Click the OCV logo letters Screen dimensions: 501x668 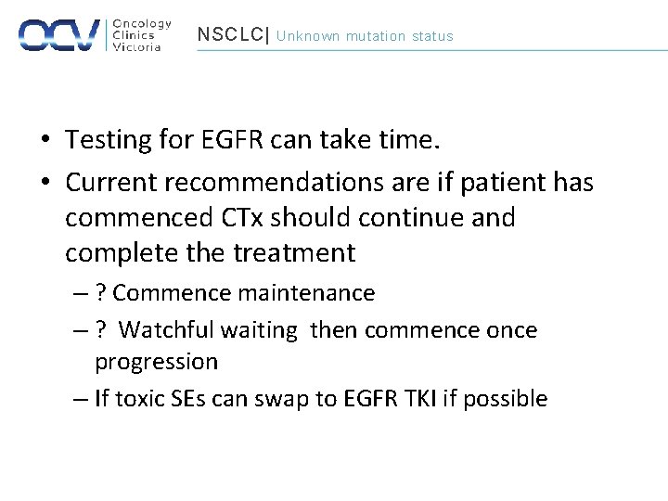click(59, 34)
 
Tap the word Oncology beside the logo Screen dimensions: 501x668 click(141, 23)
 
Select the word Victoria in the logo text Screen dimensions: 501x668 click(136, 47)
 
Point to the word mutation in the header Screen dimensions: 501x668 click(376, 36)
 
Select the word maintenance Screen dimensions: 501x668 click(306, 293)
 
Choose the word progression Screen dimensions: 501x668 click(156, 362)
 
